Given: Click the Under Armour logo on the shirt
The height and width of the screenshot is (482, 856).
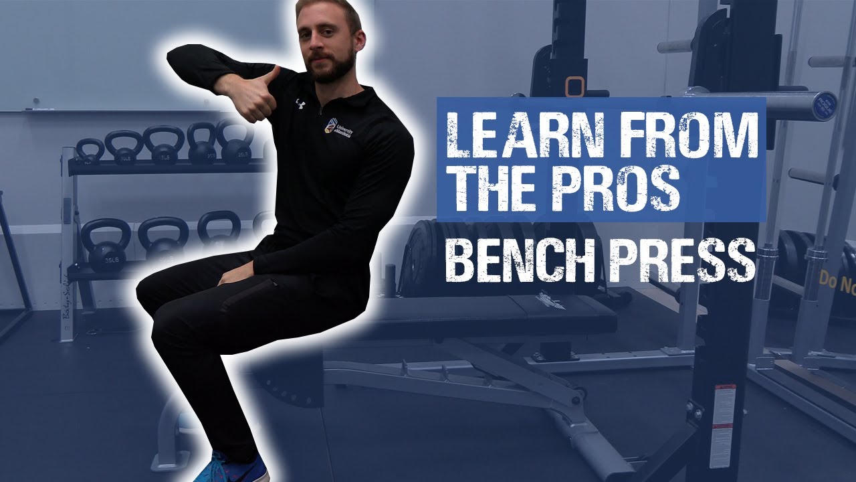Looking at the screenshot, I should coord(300,104).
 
